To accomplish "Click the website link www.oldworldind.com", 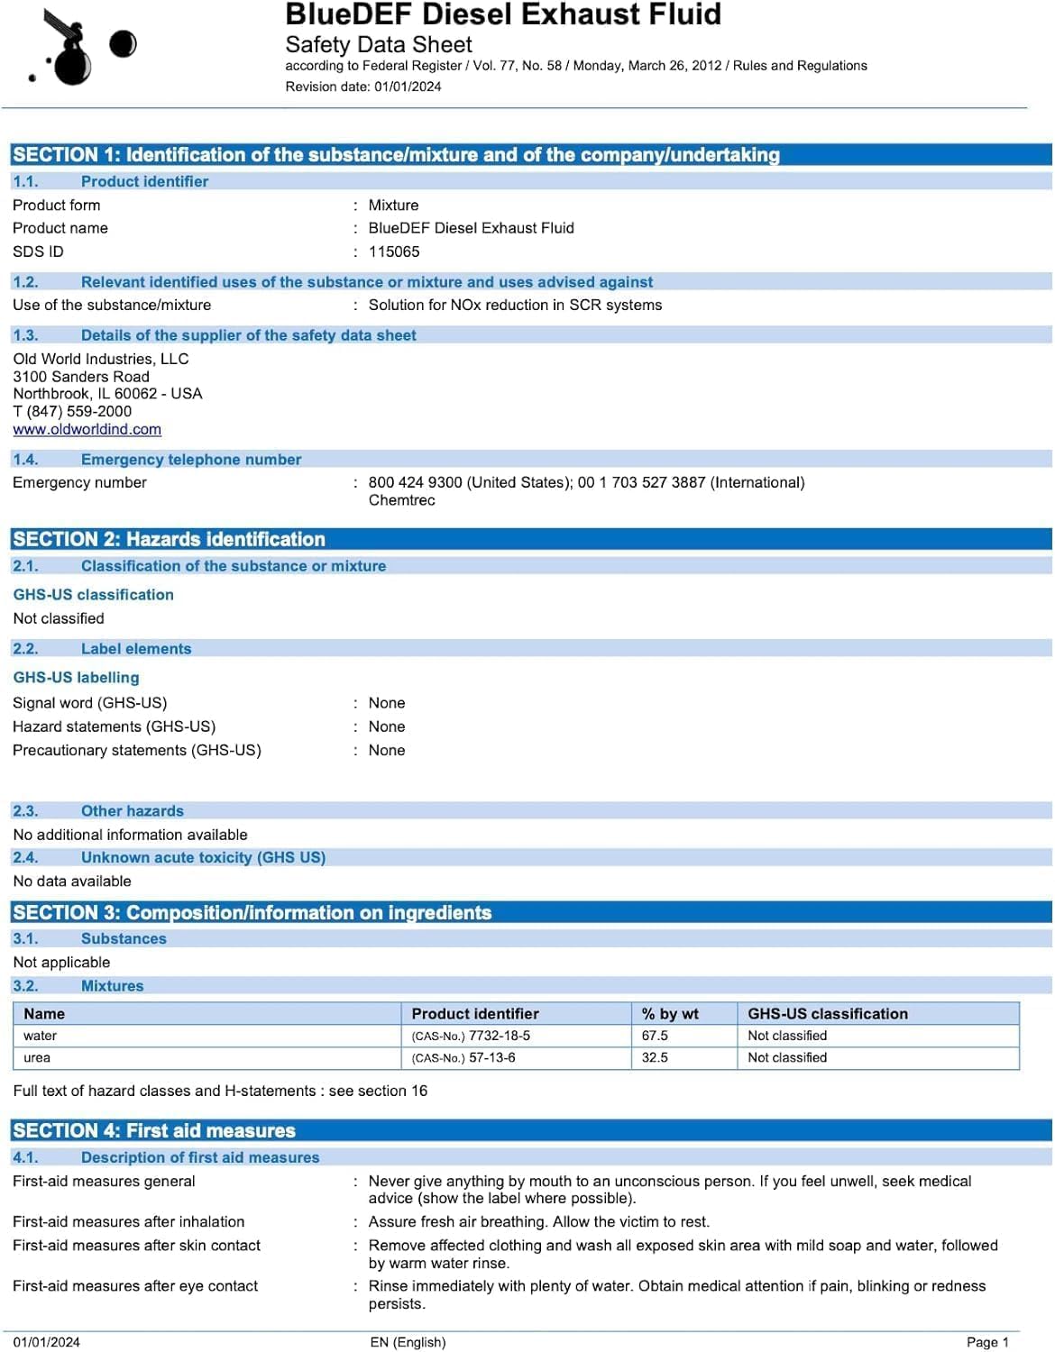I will [87, 430].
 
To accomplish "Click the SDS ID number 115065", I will [394, 252].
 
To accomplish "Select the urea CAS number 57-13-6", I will [491, 1058].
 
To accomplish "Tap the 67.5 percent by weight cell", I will [655, 1037].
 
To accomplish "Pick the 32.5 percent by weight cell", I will [655, 1058].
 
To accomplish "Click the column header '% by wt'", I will [670, 1014].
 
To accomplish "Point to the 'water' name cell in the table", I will [41, 1037].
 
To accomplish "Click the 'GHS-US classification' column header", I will [827, 1014].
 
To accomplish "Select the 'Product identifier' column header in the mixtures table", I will [475, 1014].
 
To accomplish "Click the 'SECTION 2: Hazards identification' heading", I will [169, 540].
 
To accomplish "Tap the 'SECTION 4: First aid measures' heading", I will [154, 1131].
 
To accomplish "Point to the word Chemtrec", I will [401, 500].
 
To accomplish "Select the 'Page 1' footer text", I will [987, 1342].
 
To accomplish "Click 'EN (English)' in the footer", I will [408, 1342].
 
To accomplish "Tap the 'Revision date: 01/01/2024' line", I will [363, 87].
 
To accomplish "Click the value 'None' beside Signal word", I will [387, 703].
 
